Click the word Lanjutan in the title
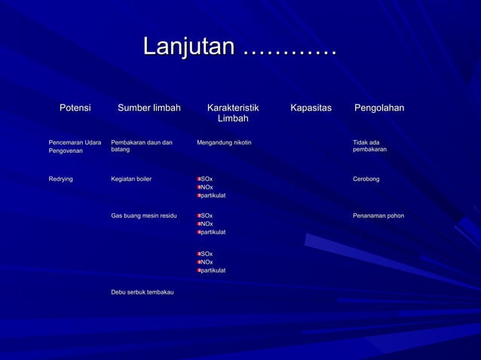(189, 47)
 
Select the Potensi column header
(75, 108)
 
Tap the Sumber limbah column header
(149, 108)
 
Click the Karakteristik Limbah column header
(233, 114)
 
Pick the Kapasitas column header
(311, 108)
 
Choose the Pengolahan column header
(379, 108)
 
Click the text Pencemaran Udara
(75, 142)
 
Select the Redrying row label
(61, 179)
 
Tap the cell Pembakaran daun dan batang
(142, 146)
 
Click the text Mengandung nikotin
(224, 142)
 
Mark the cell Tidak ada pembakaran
(369, 146)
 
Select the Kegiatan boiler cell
(131, 179)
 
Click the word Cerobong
(366, 179)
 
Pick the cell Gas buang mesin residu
(144, 216)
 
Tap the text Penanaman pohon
(378, 216)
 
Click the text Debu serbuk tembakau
(142, 291)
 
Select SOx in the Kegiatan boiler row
(207, 179)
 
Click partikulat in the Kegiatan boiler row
(213, 196)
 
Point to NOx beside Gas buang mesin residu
(207, 224)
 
